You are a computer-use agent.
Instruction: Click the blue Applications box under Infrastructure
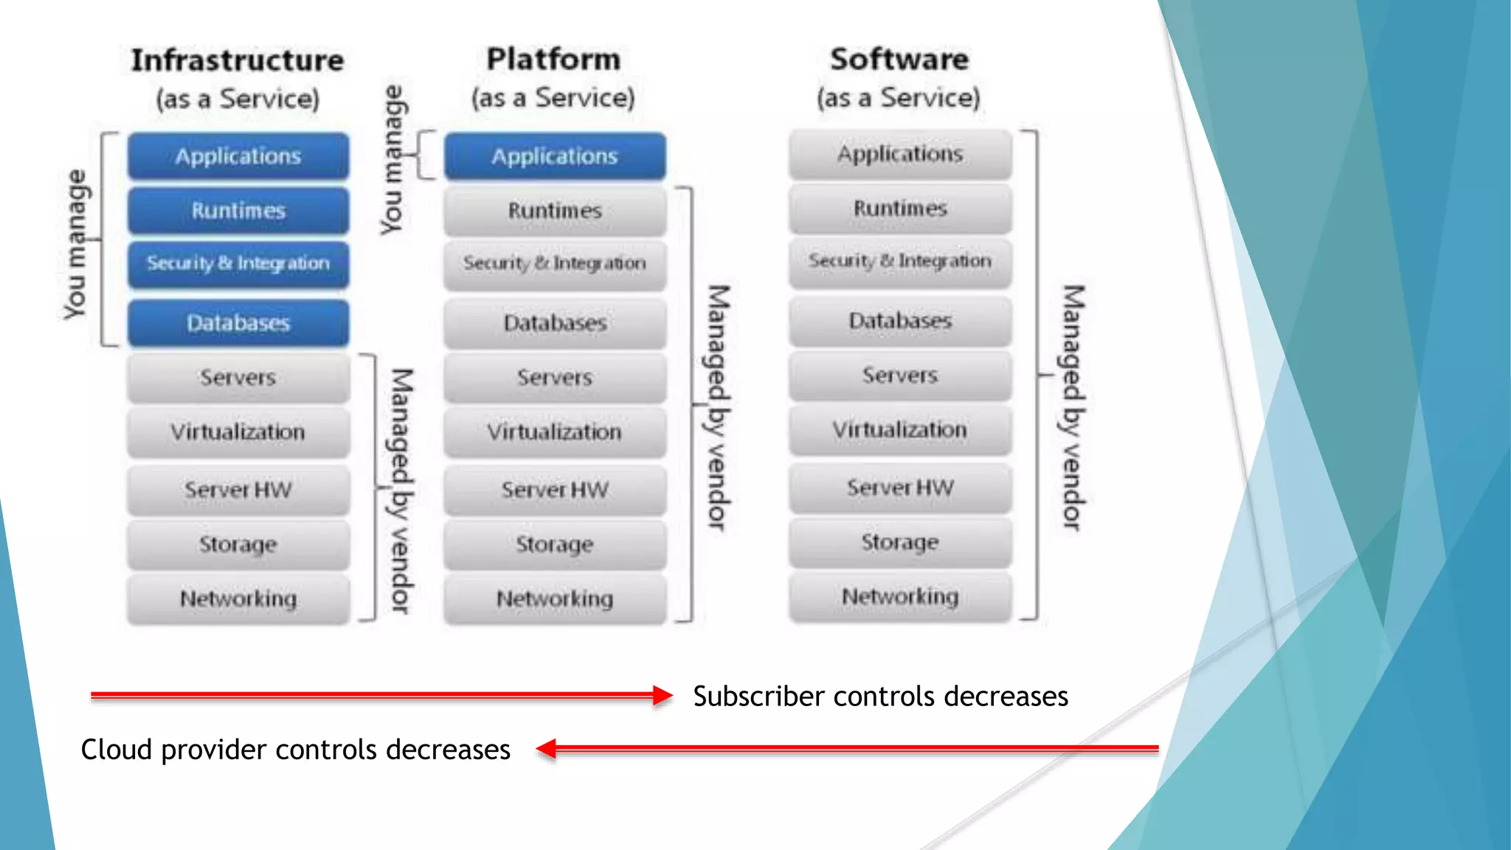(238, 156)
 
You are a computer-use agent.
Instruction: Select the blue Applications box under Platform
(554, 156)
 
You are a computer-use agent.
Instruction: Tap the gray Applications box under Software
(899, 154)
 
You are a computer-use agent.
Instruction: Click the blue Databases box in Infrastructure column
(238, 323)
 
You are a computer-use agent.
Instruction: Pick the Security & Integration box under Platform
(554, 263)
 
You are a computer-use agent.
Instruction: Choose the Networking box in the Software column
(899, 596)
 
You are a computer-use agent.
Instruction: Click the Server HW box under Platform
(554, 490)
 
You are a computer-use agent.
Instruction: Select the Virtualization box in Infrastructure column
(238, 432)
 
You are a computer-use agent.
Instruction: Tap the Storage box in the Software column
(899, 542)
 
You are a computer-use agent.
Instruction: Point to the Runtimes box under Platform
(554, 211)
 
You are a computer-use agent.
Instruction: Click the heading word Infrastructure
(238, 61)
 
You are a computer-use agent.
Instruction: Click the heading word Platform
(553, 59)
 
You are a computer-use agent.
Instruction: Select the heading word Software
(899, 59)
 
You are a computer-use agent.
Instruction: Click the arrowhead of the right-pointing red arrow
(663, 695)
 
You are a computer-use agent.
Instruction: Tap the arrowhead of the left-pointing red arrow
(546, 749)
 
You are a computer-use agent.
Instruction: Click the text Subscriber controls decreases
(880, 697)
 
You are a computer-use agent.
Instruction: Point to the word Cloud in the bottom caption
(117, 750)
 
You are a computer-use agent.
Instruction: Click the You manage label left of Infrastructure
(75, 244)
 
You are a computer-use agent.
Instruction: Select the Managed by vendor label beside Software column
(1073, 407)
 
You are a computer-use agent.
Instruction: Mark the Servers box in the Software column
(899, 376)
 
